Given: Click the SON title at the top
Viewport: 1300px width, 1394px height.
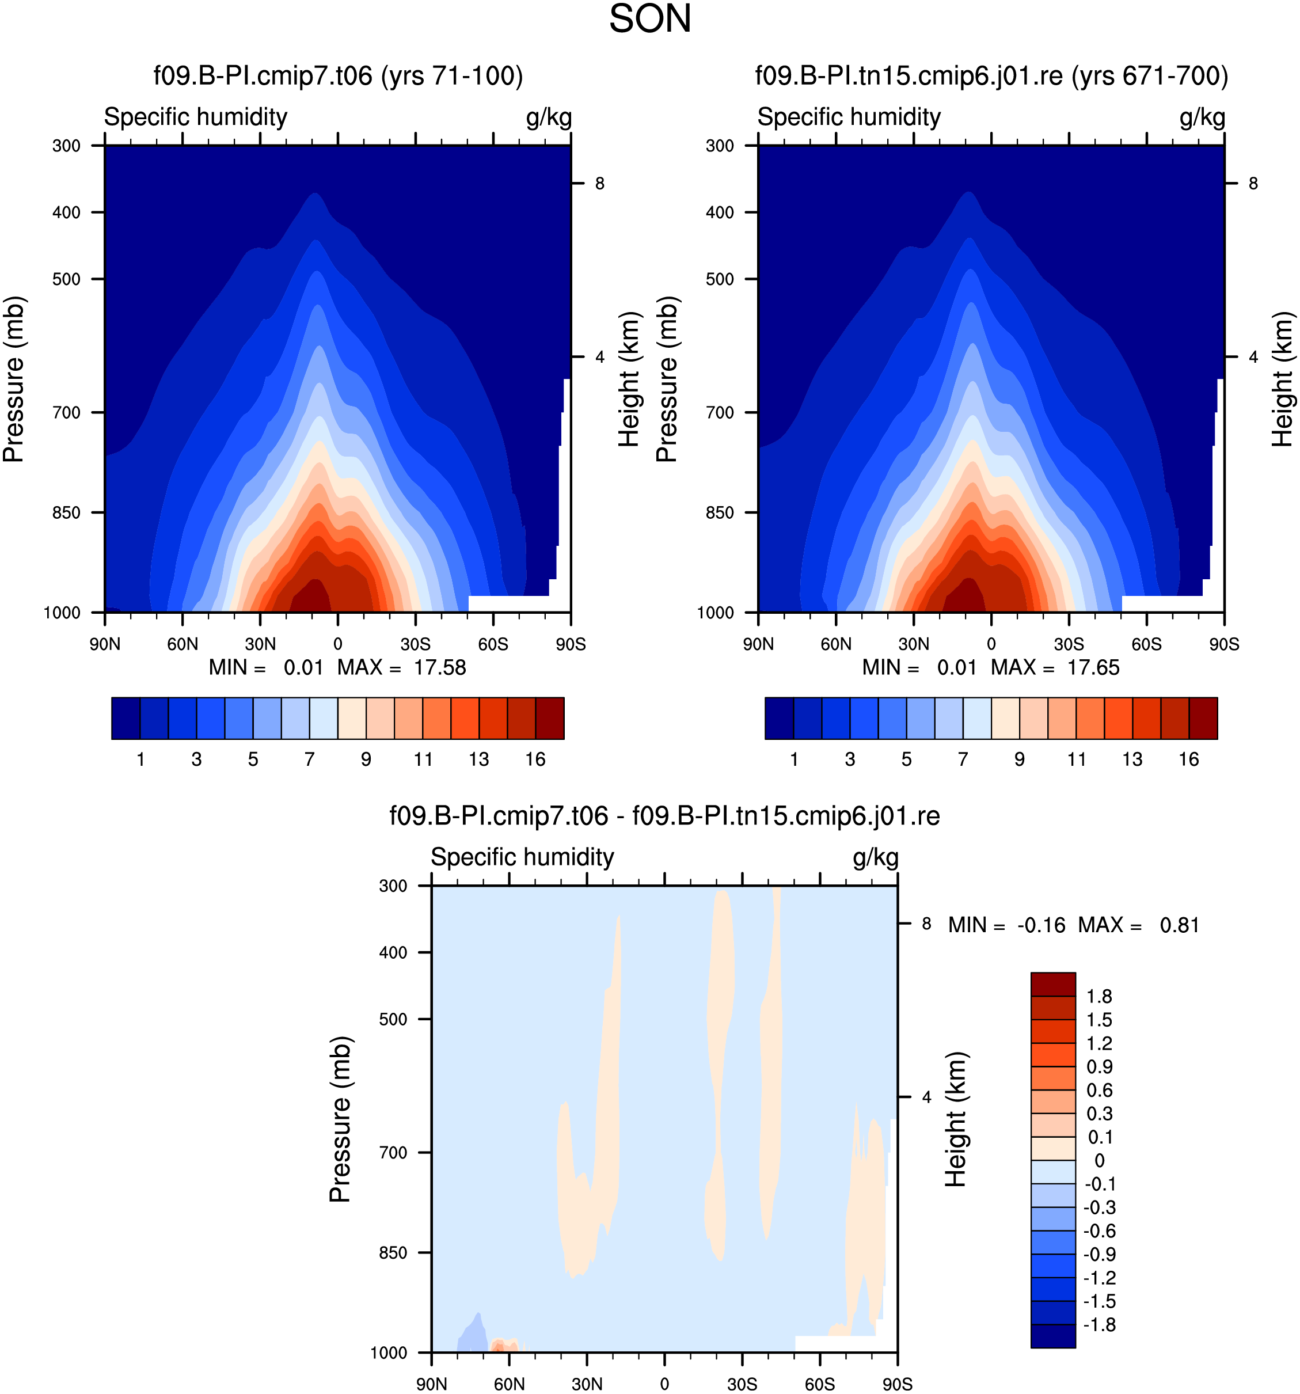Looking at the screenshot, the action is click(650, 19).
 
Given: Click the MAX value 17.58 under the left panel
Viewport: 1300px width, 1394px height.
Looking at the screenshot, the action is click(440, 667).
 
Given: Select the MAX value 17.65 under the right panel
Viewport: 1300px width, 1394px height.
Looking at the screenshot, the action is click(1093, 667).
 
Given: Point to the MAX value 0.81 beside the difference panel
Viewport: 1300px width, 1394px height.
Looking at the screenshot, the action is click(1180, 926).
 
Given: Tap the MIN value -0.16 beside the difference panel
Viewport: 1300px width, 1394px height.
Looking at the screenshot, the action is click(1041, 926).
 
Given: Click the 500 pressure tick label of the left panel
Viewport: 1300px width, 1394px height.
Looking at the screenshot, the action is click(67, 279).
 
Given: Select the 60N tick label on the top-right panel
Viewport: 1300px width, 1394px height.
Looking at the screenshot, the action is click(836, 644).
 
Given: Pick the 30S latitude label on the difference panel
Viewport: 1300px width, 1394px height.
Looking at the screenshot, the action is click(742, 1384).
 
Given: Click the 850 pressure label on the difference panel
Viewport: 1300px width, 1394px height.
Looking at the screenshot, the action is click(393, 1252).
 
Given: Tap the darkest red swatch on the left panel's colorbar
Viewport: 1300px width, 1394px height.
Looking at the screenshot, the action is click(550, 718).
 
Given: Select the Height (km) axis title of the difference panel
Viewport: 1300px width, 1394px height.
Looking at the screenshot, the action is click(956, 1119).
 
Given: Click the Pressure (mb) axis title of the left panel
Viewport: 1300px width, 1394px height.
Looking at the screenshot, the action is click(14, 379).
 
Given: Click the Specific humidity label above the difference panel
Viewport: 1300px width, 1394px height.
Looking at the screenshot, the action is click(522, 857).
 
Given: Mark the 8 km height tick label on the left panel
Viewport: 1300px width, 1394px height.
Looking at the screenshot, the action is click(599, 184).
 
